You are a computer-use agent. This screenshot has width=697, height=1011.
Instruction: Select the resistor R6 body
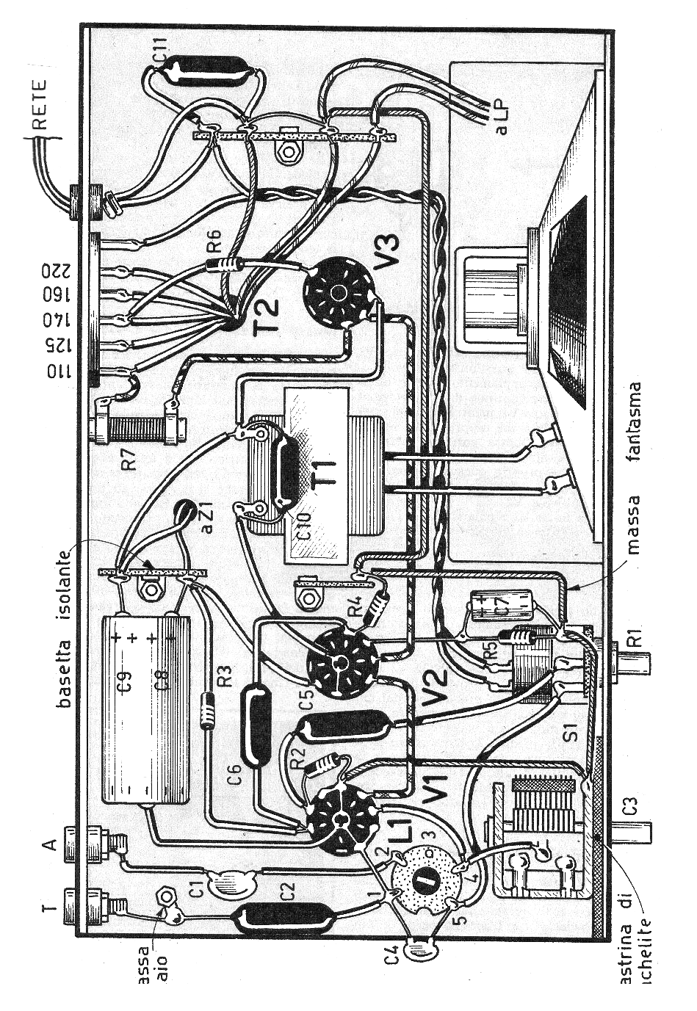[221, 262]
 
